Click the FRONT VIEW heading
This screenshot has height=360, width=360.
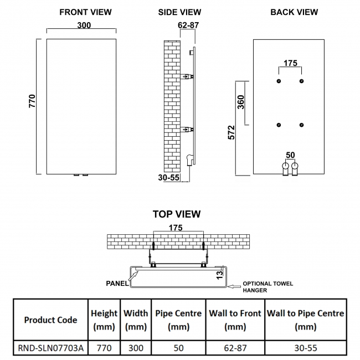[85, 12]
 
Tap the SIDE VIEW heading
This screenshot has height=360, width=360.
[179, 12]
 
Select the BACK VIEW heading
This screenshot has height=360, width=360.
[294, 12]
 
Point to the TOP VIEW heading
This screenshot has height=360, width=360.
[177, 214]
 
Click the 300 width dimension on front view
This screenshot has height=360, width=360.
[85, 25]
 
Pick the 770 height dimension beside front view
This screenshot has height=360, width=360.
[32, 101]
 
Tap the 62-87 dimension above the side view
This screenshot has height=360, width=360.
[188, 25]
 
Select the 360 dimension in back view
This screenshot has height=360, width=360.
[240, 103]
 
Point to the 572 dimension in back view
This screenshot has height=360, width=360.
[231, 132]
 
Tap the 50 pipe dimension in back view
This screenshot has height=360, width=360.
[290, 155]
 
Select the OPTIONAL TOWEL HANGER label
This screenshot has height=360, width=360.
[268, 287]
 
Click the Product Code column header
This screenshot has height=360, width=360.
[50, 320]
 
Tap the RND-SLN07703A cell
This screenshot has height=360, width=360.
[50, 348]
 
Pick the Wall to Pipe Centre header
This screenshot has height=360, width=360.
[306, 320]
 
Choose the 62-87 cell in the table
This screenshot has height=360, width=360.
[235, 348]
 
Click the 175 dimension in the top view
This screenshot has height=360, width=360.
[176, 228]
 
